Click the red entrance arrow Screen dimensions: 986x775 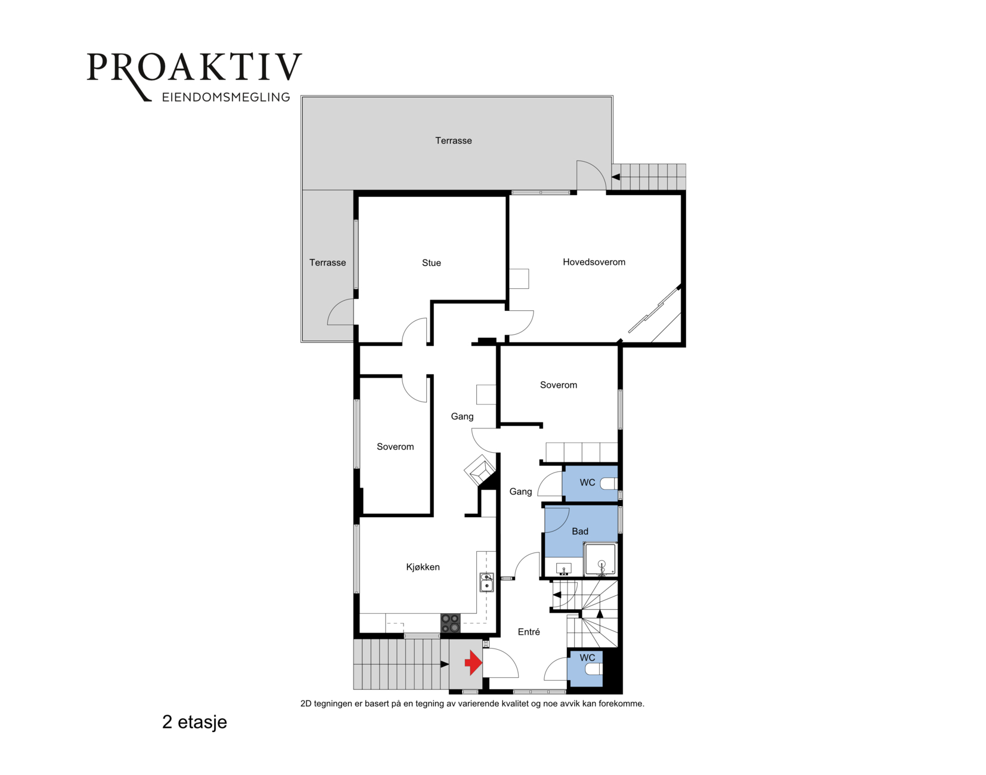click(x=473, y=663)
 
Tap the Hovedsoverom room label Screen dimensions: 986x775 click(x=594, y=262)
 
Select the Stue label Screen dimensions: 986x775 click(x=431, y=263)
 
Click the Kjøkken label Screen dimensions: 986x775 click(x=423, y=567)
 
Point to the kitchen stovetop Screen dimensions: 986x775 click(x=450, y=623)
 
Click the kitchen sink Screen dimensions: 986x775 click(x=487, y=582)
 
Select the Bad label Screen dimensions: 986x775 click(x=580, y=531)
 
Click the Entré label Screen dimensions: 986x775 click(x=529, y=632)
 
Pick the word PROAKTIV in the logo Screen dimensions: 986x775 click(x=194, y=67)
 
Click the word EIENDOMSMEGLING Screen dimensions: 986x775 click(x=226, y=97)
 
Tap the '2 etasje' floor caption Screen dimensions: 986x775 click(x=195, y=722)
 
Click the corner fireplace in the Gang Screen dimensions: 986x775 click(x=480, y=470)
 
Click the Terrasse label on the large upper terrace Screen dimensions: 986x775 click(x=453, y=141)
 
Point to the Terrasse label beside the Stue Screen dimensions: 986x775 click(x=328, y=263)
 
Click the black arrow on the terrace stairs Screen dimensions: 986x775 click(x=616, y=177)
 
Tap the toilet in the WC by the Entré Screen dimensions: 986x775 click(x=594, y=669)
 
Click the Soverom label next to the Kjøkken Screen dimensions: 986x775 click(x=395, y=447)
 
